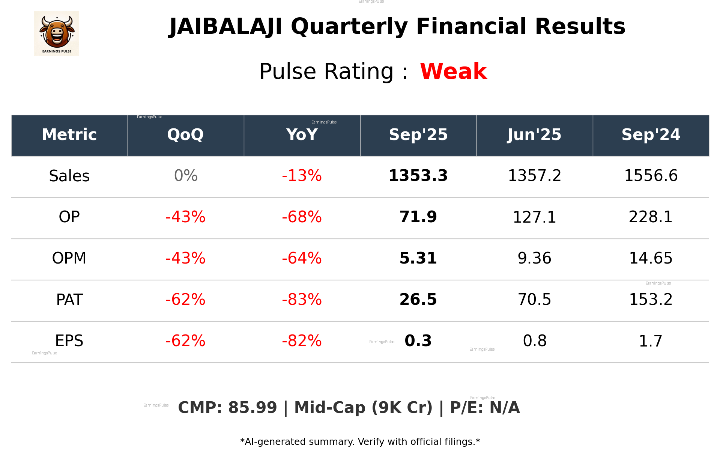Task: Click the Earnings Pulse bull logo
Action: click(x=56, y=34)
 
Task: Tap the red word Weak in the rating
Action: click(x=453, y=71)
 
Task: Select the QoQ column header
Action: click(x=185, y=135)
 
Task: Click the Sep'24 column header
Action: click(x=651, y=135)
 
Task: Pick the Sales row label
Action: click(x=69, y=176)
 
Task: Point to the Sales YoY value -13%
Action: click(x=302, y=176)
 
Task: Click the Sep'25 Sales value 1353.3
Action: click(x=418, y=176)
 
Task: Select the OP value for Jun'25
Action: click(x=534, y=217)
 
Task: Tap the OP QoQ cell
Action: click(x=185, y=217)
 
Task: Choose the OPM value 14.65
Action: click(x=651, y=259)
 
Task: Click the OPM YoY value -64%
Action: click(x=302, y=259)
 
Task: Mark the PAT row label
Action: click(x=69, y=300)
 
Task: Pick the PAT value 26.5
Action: click(x=418, y=300)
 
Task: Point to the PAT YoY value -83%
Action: click(x=302, y=300)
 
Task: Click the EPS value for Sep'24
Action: click(x=651, y=341)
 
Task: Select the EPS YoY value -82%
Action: click(x=302, y=341)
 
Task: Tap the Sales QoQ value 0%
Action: click(x=185, y=176)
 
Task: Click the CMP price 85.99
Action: click(x=252, y=408)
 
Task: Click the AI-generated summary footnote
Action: click(x=360, y=442)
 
